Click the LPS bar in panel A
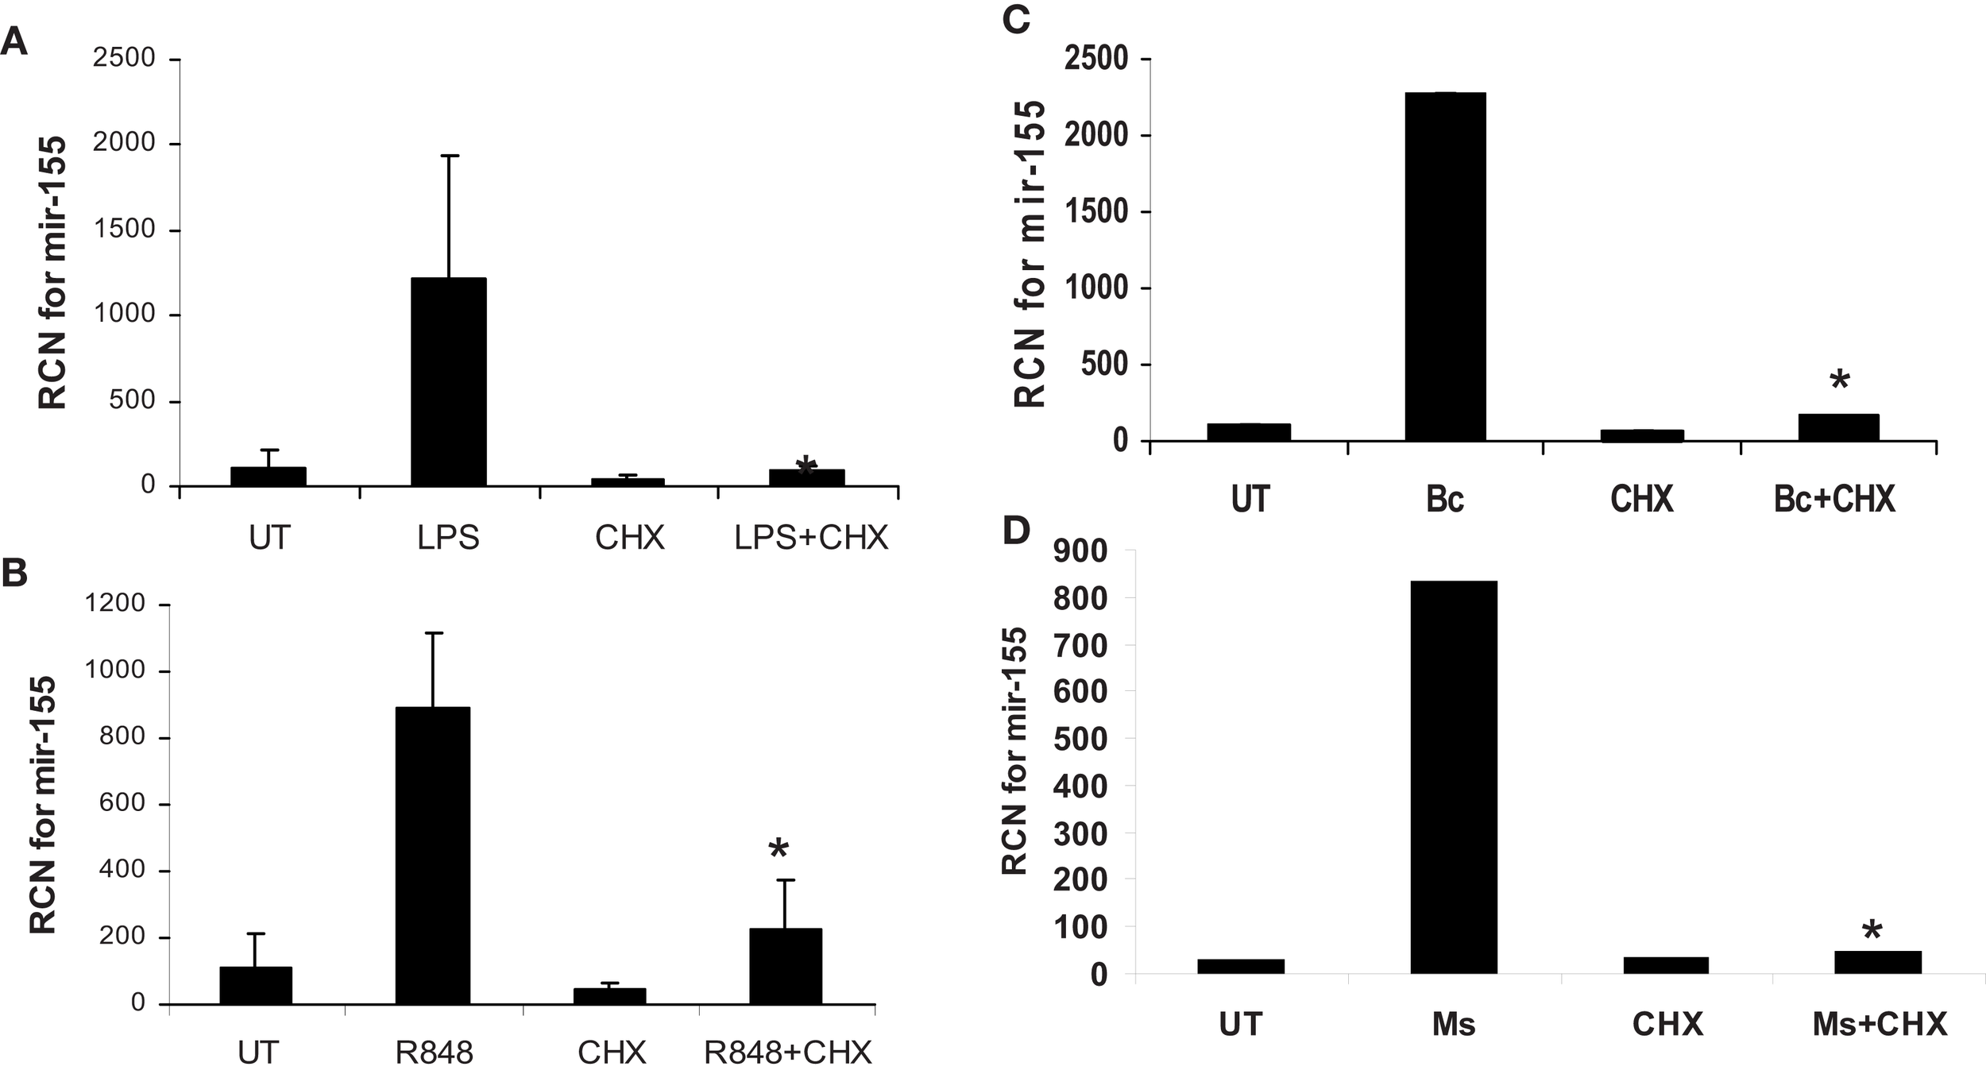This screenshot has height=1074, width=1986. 448,381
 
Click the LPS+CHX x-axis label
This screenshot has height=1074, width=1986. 810,539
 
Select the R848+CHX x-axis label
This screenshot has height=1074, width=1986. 788,1053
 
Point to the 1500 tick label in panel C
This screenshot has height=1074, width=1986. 1096,212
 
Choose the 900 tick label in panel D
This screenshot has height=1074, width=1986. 1080,551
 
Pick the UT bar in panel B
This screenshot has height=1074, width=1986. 256,985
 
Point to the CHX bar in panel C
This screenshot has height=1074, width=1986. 1641,435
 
